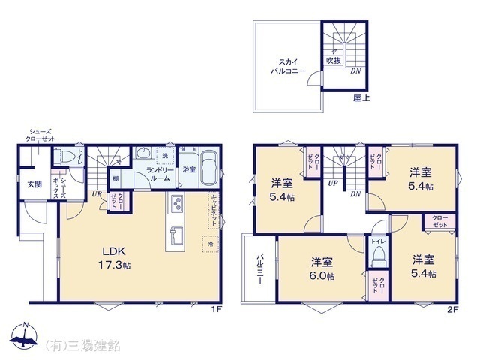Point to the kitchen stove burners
[x=177, y=204]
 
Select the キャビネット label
[x=213, y=207]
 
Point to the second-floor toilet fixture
[x=377, y=256]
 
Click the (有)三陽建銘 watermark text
[x=83, y=345]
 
